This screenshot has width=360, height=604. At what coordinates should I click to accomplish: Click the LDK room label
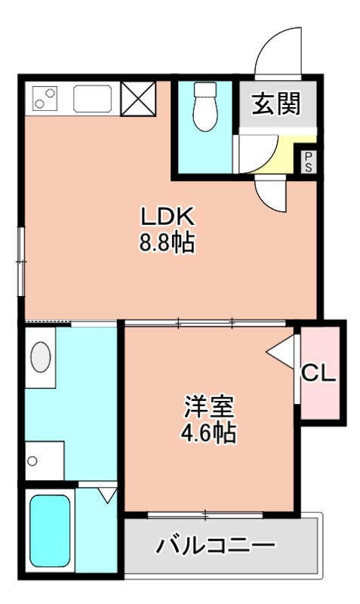coord(168,217)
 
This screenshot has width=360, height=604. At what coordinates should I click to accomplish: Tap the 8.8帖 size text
coord(168,243)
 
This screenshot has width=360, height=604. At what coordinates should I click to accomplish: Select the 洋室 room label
coord(208,408)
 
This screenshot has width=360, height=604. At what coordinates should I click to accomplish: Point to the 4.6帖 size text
coord(208,433)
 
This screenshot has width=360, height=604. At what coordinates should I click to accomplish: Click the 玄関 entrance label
coord(275,104)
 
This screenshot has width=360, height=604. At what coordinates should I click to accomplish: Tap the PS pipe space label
coord(309,161)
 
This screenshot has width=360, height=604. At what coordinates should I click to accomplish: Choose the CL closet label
coord(318,373)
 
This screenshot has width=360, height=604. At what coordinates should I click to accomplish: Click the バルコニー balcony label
coord(215,545)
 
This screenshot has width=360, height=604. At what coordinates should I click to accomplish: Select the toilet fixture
coord(204,108)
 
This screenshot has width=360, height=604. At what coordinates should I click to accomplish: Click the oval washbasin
coord(42,357)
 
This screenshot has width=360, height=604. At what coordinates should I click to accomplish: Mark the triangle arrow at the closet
coord(282,352)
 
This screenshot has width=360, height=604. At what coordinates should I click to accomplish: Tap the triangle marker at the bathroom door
coord(107,495)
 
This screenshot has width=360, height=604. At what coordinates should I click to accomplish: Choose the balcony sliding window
coord(205,515)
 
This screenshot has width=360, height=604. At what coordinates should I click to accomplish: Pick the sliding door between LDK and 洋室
coord(205,323)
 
